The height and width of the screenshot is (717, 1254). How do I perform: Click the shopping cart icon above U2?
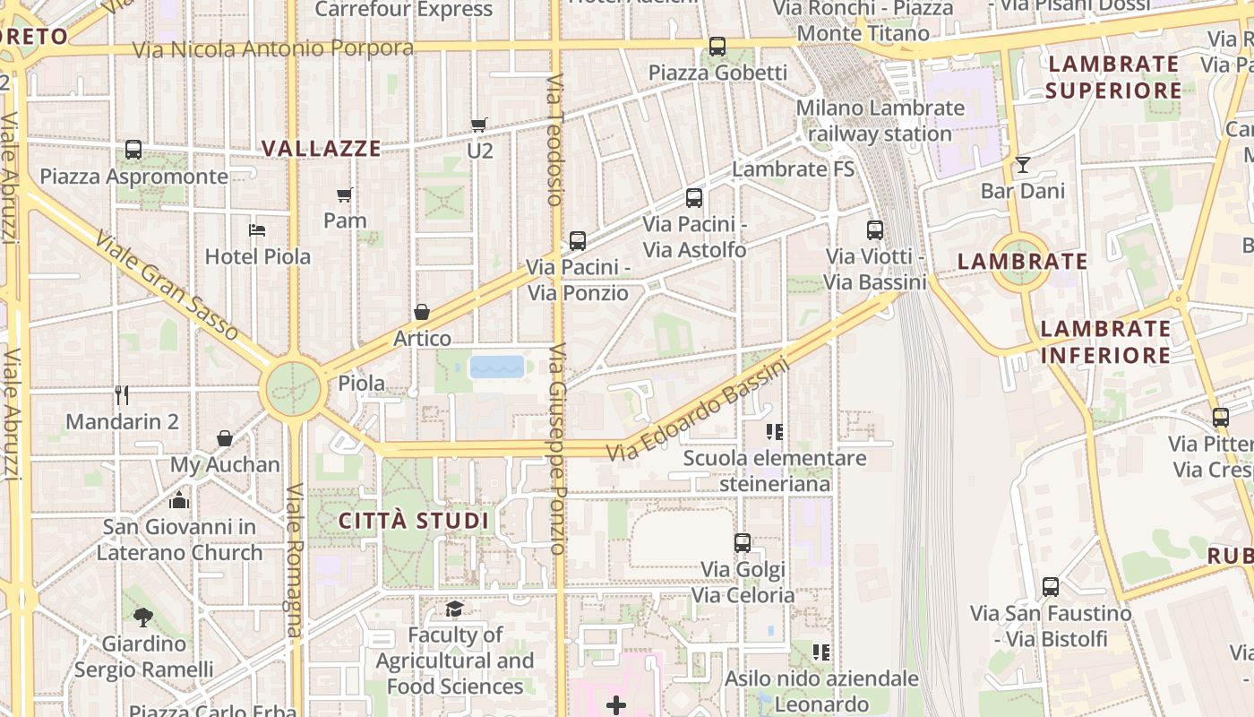(x=479, y=125)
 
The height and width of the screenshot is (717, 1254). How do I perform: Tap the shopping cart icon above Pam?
(x=345, y=194)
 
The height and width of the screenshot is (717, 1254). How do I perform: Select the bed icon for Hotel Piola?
(x=257, y=230)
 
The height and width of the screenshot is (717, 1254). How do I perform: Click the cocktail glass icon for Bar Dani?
(x=1022, y=165)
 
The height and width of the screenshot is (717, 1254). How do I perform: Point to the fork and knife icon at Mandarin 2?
(x=122, y=394)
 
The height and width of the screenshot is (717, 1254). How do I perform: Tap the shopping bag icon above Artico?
(x=422, y=312)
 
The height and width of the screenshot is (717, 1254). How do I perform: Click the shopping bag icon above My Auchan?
(x=225, y=438)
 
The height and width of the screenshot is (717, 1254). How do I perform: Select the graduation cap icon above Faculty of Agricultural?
(x=454, y=609)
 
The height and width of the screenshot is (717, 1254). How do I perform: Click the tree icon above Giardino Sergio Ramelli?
(x=142, y=617)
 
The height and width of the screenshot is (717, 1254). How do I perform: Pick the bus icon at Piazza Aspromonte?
(x=133, y=150)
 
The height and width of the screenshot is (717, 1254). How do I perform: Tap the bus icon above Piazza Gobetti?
(x=717, y=47)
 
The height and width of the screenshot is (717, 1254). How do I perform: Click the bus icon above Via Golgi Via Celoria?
(x=743, y=542)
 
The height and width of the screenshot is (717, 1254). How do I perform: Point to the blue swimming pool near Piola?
(x=497, y=367)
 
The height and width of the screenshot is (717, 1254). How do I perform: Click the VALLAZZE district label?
(x=322, y=149)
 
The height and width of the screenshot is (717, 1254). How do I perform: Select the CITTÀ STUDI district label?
(x=414, y=521)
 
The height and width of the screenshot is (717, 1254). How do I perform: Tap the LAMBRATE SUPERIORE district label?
(x=1113, y=77)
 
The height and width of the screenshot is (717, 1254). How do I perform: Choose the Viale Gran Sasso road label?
(x=167, y=286)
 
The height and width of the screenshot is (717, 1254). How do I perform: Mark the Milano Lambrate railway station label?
(x=880, y=121)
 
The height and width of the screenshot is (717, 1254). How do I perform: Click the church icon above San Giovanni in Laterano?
(x=179, y=500)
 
